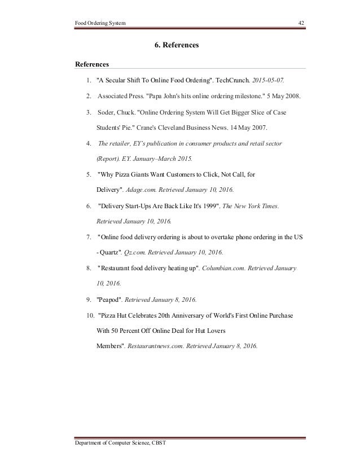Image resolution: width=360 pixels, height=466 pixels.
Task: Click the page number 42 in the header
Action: coord(301,23)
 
